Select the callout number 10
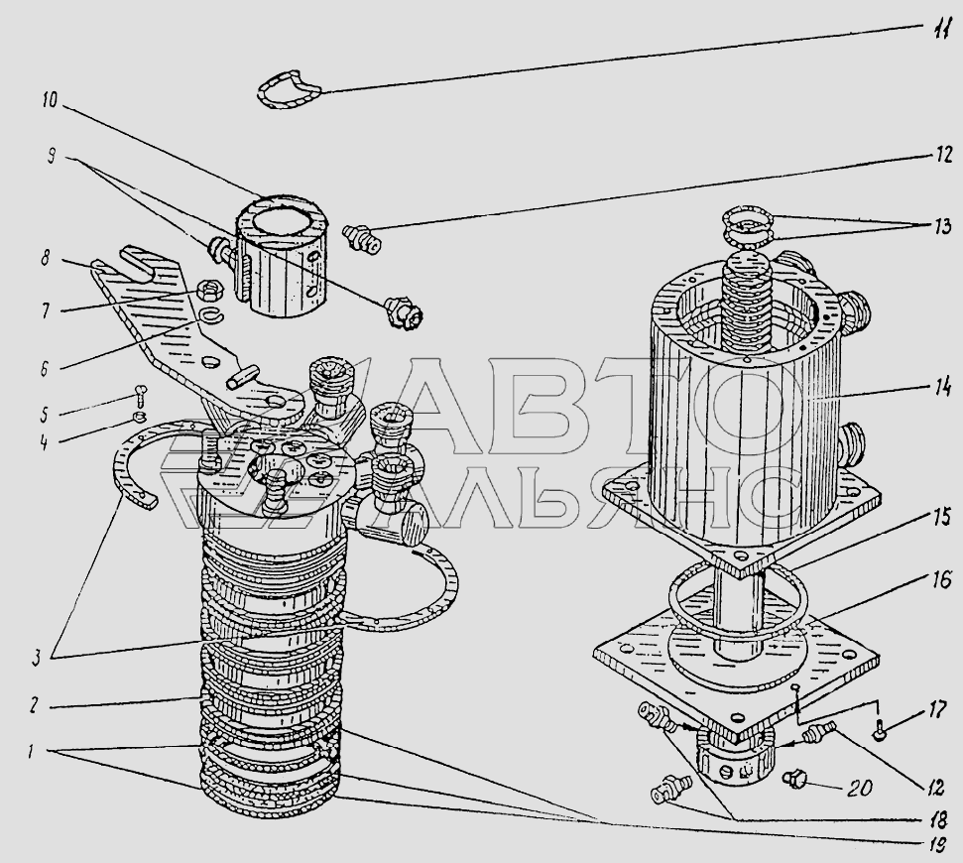[50, 99]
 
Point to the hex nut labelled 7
[206, 289]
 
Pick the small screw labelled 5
[139, 393]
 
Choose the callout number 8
[45, 258]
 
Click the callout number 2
[35, 704]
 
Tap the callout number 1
[32, 751]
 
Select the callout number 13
[941, 226]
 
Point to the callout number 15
[941, 518]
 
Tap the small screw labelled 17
[879, 727]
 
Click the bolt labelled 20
[794, 779]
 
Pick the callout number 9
[52, 157]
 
